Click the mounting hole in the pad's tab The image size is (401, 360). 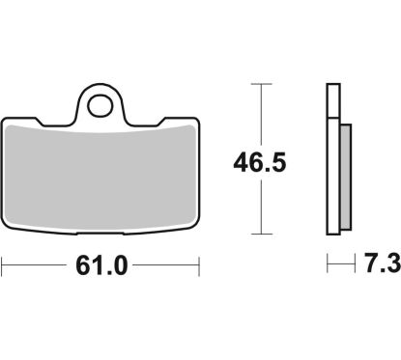(x=100, y=105)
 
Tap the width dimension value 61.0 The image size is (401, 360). (x=101, y=266)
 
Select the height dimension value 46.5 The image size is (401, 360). (x=260, y=163)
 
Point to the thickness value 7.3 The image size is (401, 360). (x=383, y=263)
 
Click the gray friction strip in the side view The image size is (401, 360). (x=346, y=177)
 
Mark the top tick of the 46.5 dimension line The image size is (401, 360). (x=261, y=84)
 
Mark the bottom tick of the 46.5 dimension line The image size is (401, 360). (x=261, y=234)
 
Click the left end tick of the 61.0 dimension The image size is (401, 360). (x=2, y=266)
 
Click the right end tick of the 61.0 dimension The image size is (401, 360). (x=199, y=266)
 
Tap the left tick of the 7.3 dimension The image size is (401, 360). (x=328, y=263)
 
